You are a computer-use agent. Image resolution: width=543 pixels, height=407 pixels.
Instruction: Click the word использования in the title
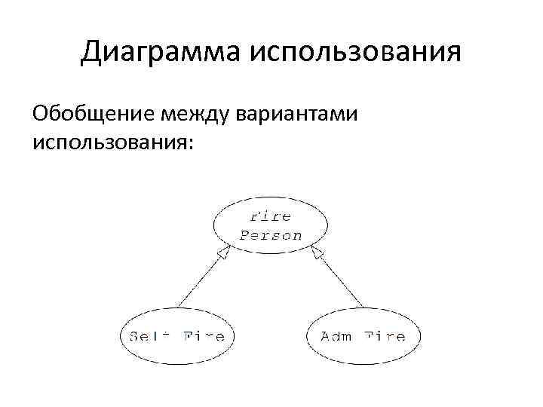click(353, 52)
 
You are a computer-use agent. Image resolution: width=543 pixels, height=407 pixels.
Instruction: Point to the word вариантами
click(305, 114)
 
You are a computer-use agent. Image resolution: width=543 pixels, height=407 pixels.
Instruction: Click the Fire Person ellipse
click(271, 225)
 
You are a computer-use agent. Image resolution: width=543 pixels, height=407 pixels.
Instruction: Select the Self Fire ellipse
click(177, 336)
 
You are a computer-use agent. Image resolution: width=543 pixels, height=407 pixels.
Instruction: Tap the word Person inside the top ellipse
click(271, 234)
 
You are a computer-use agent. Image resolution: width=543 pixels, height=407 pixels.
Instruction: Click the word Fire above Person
click(271, 216)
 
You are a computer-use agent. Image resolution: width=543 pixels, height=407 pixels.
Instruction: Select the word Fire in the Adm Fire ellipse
click(387, 337)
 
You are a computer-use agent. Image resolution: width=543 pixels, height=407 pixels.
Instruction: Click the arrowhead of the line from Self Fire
click(224, 253)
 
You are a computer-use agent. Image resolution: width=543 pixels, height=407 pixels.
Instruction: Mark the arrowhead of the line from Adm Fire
click(318, 253)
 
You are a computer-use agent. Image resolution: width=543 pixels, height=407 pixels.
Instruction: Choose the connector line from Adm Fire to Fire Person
click(341, 281)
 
